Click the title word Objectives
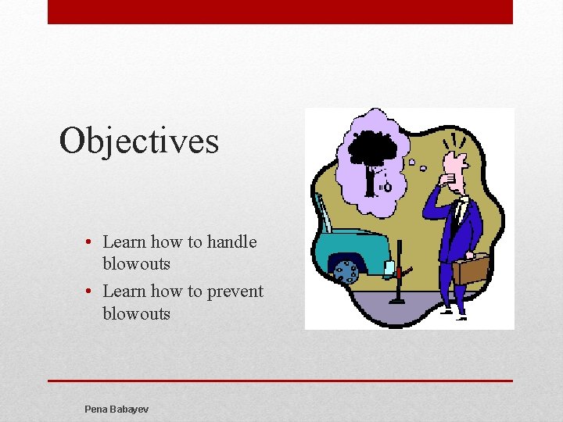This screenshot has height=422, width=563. (139, 141)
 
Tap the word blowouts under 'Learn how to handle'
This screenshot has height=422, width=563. (136, 264)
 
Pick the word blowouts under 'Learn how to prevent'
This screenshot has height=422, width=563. (136, 313)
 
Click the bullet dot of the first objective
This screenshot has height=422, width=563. (91, 243)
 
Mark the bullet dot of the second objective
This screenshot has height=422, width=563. (91, 292)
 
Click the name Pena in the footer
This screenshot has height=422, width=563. (97, 409)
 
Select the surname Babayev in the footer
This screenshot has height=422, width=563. (131, 409)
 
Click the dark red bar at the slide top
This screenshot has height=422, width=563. (280, 12)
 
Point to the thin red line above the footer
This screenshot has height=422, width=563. (280, 381)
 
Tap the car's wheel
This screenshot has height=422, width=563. (345, 272)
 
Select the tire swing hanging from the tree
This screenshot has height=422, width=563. (386, 186)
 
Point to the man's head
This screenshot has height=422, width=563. (454, 166)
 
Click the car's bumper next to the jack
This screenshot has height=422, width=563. (388, 269)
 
